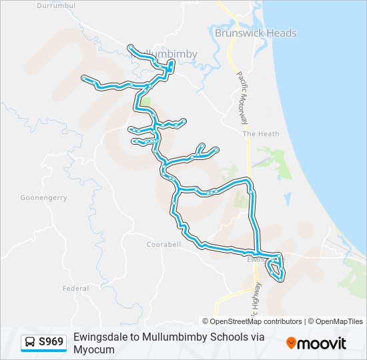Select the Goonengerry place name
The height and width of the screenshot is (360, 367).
tap(43, 198)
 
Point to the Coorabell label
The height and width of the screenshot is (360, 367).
tap(163, 244)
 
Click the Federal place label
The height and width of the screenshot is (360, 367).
tap(75, 289)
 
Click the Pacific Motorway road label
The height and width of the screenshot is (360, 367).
tap(243, 97)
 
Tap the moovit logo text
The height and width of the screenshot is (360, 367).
tap(322, 343)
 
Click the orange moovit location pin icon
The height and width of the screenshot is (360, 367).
tap(292, 343)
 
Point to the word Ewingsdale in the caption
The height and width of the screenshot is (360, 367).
tap(99, 337)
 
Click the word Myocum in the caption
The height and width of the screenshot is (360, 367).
tap(89, 349)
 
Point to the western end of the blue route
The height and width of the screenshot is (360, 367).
tap(84, 78)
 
